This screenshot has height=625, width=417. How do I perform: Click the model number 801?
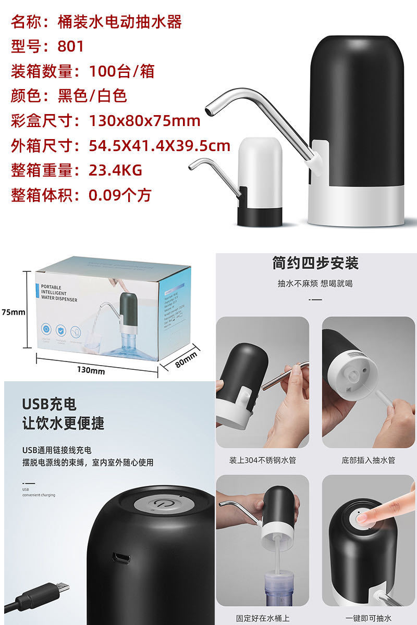71,46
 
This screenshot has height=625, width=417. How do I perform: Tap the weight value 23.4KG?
115,170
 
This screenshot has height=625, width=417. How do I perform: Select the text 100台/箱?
121,71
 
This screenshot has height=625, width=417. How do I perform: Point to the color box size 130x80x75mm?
144,121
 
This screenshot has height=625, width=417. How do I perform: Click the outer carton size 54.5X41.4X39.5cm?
159,146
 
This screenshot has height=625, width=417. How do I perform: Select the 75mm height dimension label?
13,312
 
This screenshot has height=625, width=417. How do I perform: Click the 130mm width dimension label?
91,371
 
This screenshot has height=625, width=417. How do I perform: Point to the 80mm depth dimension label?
186,359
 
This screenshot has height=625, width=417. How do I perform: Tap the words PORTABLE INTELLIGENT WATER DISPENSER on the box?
59,293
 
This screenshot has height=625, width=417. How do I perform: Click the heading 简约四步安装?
315,263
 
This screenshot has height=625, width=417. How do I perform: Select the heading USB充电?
49,404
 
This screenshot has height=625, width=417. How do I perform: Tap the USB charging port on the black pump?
122,558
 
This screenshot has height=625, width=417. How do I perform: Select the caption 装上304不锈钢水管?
262,460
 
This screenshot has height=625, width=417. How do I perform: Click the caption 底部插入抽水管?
368,460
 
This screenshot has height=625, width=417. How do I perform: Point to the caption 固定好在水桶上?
262,618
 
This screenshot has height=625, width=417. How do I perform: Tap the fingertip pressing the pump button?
364,518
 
